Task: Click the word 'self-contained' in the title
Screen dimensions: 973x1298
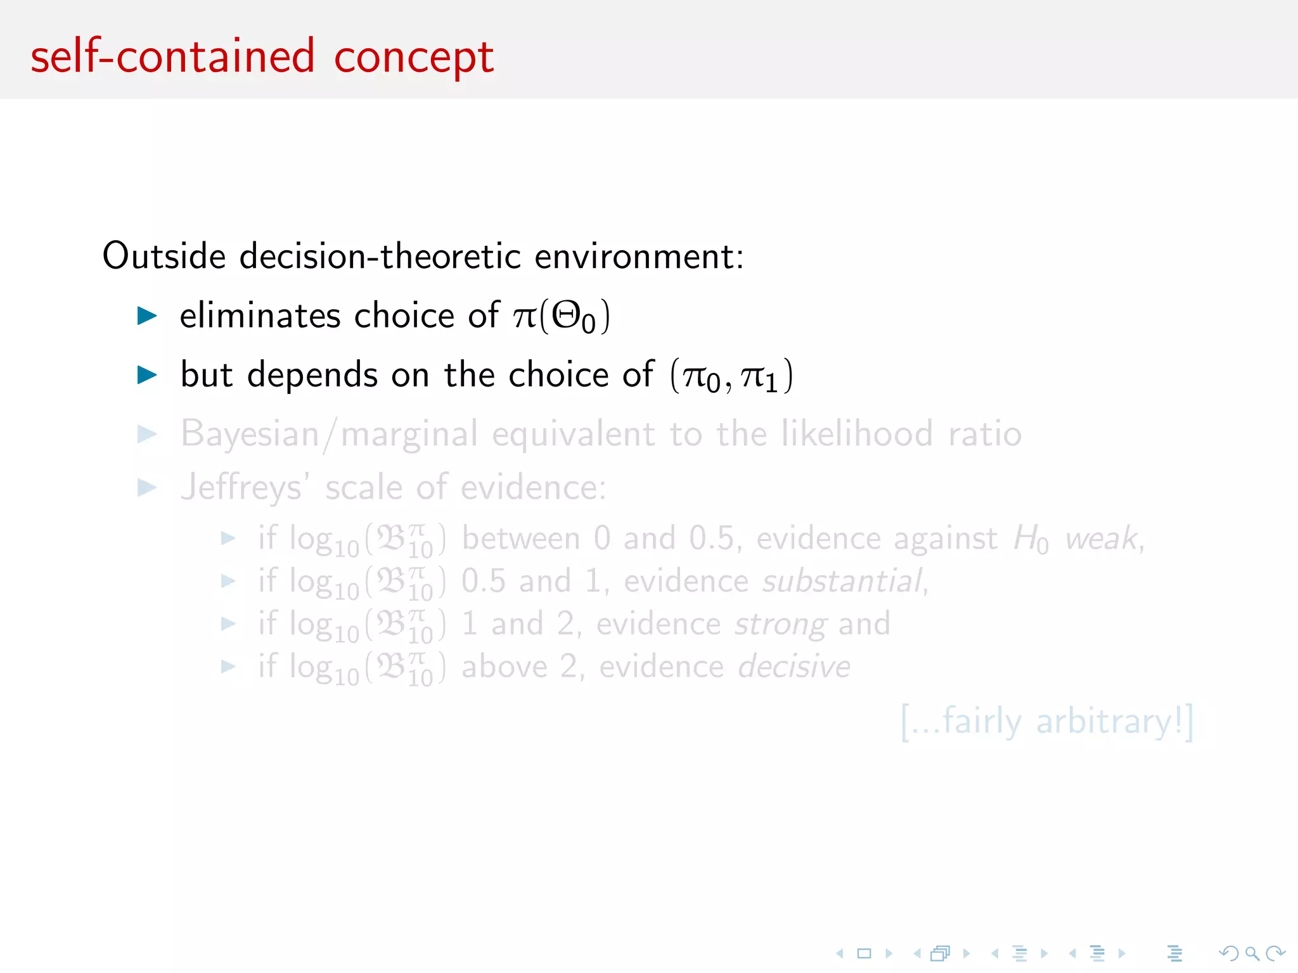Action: [172, 57]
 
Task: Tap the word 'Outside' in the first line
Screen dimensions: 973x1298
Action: [164, 257]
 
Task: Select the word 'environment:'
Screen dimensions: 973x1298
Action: [639, 257]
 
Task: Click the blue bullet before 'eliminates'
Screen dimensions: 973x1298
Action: [147, 315]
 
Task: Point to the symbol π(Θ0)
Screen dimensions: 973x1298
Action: [562, 316]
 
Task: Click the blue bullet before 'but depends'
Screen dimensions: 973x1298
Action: [147, 374]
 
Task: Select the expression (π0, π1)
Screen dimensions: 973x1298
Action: [731, 376]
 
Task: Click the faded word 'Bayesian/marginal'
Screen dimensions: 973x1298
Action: [329, 435]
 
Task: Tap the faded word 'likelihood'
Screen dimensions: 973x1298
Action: [857, 434]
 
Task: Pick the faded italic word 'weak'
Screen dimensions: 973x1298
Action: [1102, 539]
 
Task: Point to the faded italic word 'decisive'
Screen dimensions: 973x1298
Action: [794, 666]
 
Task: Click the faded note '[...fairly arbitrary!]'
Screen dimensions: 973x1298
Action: [1047, 722]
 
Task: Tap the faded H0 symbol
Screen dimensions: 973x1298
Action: [1031, 540]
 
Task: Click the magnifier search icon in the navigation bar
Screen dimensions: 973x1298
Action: [1252, 953]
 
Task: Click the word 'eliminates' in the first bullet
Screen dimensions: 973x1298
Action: [260, 315]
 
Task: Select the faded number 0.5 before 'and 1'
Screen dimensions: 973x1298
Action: [484, 581]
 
